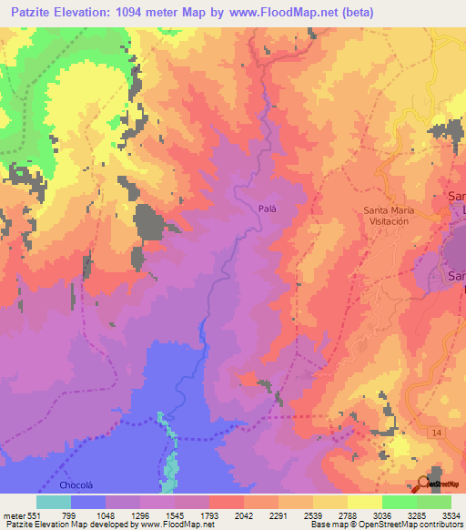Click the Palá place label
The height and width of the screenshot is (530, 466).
(x=267, y=208)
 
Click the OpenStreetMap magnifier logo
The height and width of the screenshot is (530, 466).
(x=424, y=483)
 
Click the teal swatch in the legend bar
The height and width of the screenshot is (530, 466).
(x=53, y=501)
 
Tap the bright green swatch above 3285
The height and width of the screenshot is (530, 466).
(x=399, y=501)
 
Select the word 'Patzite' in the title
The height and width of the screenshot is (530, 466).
(x=30, y=12)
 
